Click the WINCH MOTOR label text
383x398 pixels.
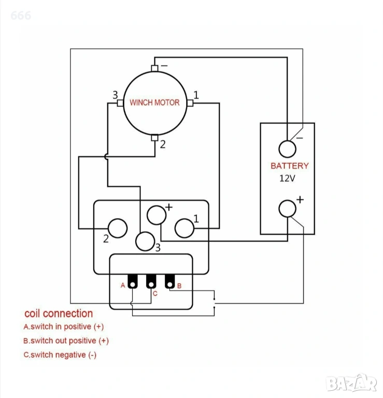click(154, 103)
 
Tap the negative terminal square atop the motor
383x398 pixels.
click(154, 68)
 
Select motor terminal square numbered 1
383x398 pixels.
click(190, 103)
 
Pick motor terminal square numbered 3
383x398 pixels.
click(120, 103)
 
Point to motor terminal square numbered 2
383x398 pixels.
click(154, 138)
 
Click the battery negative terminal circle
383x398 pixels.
click(287, 149)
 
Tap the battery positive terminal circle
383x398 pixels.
click(287, 209)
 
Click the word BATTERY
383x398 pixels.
click(289, 166)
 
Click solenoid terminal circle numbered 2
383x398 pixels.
click(118, 228)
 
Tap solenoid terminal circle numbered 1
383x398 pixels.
click(184, 228)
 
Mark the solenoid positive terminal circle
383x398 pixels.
click(156, 214)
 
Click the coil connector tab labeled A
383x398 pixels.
click(132, 281)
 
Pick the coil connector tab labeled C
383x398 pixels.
click(151, 281)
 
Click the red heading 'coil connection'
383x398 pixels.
click(59, 314)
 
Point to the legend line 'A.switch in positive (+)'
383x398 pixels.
click(63, 327)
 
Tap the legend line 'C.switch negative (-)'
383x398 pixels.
click(60, 355)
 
